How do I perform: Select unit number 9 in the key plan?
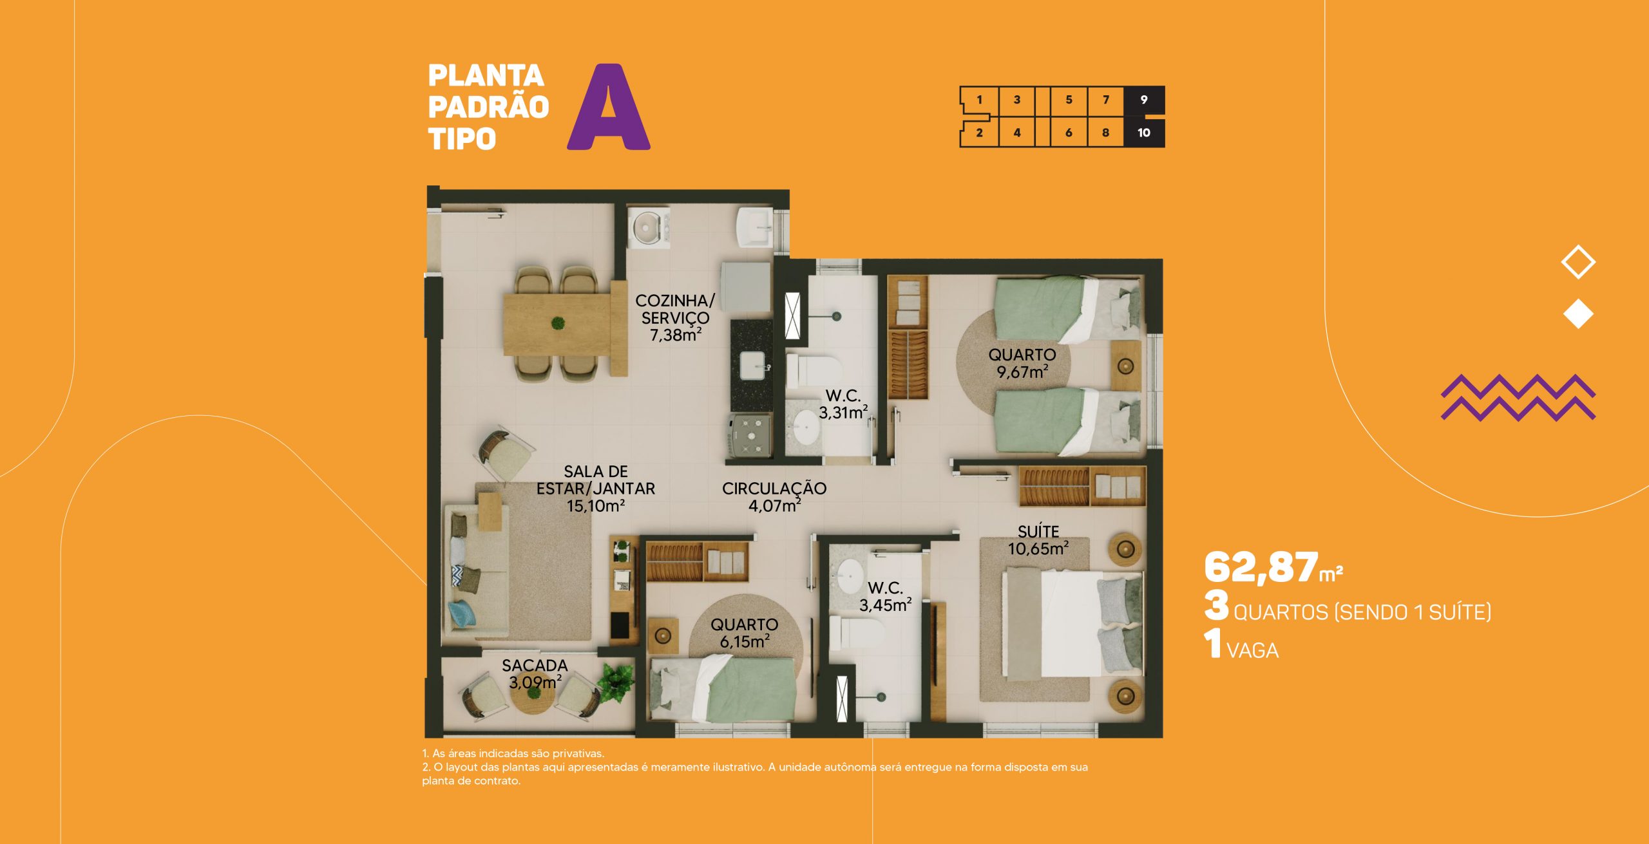click(x=1144, y=100)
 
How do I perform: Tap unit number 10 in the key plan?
click(x=1144, y=133)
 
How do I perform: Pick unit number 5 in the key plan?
click(x=1069, y=100)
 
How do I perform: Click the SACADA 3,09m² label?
click(x=535, y=673)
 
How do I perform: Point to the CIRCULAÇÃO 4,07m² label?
click(x=774, y=497)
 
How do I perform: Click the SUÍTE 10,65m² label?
click(x=1038, y=540)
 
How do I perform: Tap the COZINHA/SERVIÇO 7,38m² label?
click(x=675, y=317)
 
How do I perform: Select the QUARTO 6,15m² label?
click(x=745, y=633)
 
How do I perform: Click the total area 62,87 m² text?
click(x=1273, y=568)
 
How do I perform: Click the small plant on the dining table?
click(x=558, y=323)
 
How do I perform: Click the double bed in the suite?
click(x=1072, y=623)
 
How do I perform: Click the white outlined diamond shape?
click(x=1578, y=262)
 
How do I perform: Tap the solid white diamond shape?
click(x=1578, y=314)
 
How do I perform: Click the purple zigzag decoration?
click(x=1518, y=397)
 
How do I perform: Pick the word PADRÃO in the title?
click(x=488, y=107)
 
